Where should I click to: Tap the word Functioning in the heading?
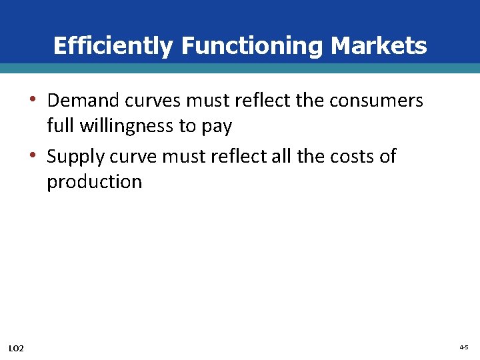(x=253, y=46)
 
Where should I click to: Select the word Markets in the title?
(x=379, y=46)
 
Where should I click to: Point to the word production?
(x=94, y=183)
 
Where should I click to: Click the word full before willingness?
(x=59, y=126)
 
